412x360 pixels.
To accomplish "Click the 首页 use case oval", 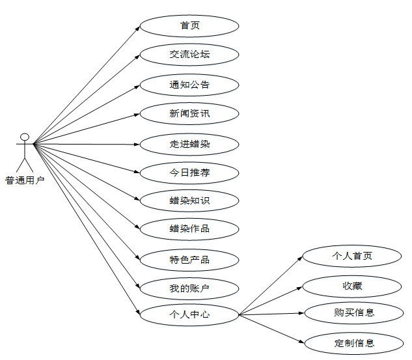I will coord(189,26).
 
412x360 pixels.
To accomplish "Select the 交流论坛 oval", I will coord(189,55).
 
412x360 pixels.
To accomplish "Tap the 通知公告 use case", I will coord(189,85).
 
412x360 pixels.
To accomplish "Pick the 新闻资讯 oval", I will coord(189,114).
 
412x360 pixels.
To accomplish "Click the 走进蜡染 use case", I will coord(189,144).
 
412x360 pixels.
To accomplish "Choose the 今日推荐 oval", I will coord(189,173).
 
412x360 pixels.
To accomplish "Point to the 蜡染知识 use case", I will coord(189,201).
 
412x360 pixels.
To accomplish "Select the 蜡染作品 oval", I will coord(189,228).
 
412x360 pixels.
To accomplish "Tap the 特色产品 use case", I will coord(189,260).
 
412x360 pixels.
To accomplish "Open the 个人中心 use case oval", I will coord(189,314).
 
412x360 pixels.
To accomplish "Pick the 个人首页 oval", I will coord(352,256).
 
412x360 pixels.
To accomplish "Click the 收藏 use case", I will coord(352,285).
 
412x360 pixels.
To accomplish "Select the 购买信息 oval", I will coord(352,312).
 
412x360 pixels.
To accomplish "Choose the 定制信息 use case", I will coord(352,342).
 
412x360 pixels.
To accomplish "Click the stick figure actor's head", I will coord(25,137).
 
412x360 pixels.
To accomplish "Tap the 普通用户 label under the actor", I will coord(25,180).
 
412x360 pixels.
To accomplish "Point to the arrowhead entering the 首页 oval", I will coord(137,27).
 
